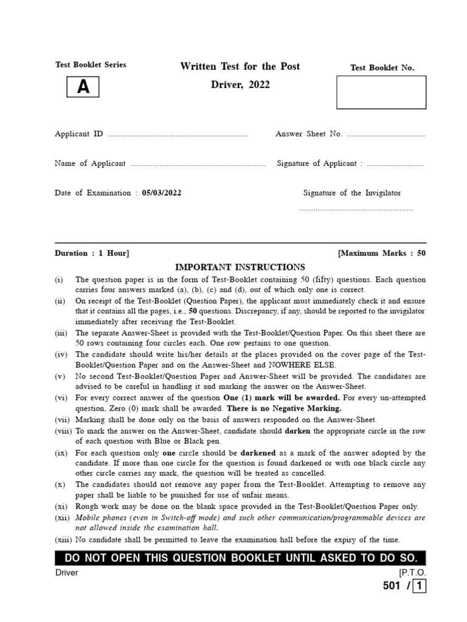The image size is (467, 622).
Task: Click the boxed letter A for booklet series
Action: click(83, 87)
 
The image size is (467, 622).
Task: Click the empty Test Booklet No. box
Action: click(381, 92)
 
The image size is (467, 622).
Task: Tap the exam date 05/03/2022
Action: click(162, 193)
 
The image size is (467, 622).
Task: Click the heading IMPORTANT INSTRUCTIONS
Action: click(240, 267)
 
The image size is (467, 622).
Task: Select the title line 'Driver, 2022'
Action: click(240, 85)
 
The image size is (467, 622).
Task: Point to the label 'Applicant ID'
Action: click(79, 134)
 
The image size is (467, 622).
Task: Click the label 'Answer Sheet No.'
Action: click(309, 134)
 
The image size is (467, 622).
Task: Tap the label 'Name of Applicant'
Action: click(90, 163)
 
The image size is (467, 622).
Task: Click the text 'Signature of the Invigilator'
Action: click(352, 193)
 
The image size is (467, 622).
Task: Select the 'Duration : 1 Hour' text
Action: click(92, 253)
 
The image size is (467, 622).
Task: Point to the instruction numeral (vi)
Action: click(60, 398)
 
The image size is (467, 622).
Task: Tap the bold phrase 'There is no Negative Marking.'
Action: click(283, 408)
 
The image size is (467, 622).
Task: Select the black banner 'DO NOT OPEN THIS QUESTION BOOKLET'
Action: click(240, 558)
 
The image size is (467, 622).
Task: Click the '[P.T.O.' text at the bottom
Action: click(412, 573)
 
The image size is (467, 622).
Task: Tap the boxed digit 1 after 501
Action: click(420, 587)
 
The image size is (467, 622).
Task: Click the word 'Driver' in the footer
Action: click(66, 573)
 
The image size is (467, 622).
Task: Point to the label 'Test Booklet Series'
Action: click(91, 65)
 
